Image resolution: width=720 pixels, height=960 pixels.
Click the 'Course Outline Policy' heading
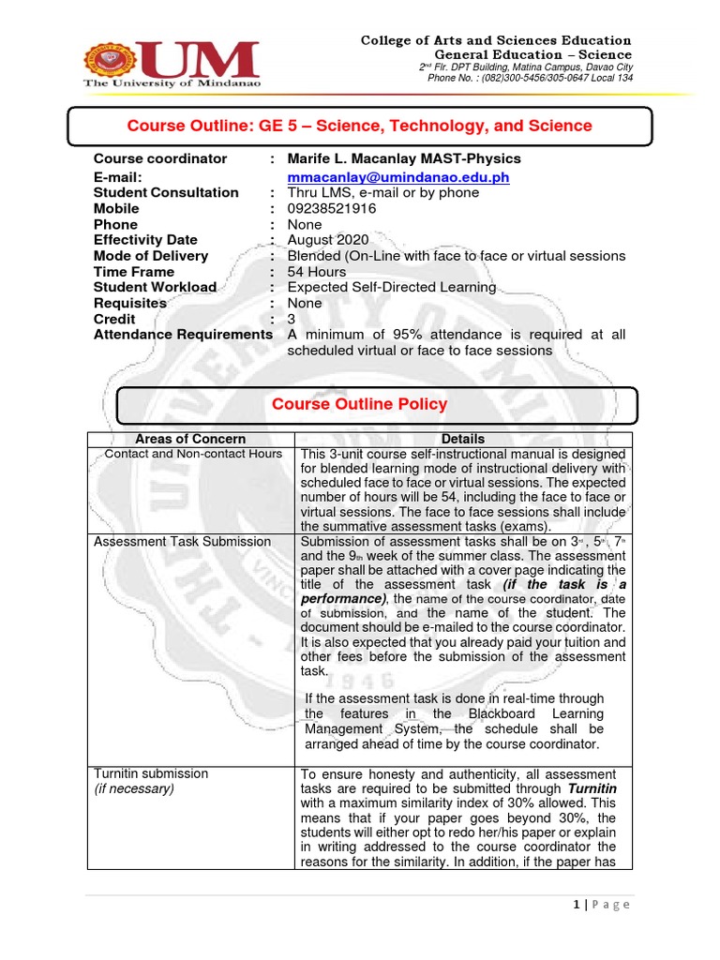[359, 404]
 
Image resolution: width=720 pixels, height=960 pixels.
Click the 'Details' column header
[463, 439]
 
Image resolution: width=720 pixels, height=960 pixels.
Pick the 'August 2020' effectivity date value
[328, 240]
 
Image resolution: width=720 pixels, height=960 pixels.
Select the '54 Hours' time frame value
[319, 272]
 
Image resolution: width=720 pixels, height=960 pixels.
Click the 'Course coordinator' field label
[160, 158]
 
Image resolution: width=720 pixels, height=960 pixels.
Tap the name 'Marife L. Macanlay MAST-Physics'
[403, 158]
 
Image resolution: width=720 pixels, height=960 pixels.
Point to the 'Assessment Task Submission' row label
[182, 542]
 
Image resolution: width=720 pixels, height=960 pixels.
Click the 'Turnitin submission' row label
[151, 773]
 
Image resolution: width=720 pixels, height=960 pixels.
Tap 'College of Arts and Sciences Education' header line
[497, 40]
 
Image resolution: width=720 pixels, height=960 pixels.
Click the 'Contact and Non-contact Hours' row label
[193, 454]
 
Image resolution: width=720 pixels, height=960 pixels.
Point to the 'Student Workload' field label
[155, 288]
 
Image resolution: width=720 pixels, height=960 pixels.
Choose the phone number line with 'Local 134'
[530, 78]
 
